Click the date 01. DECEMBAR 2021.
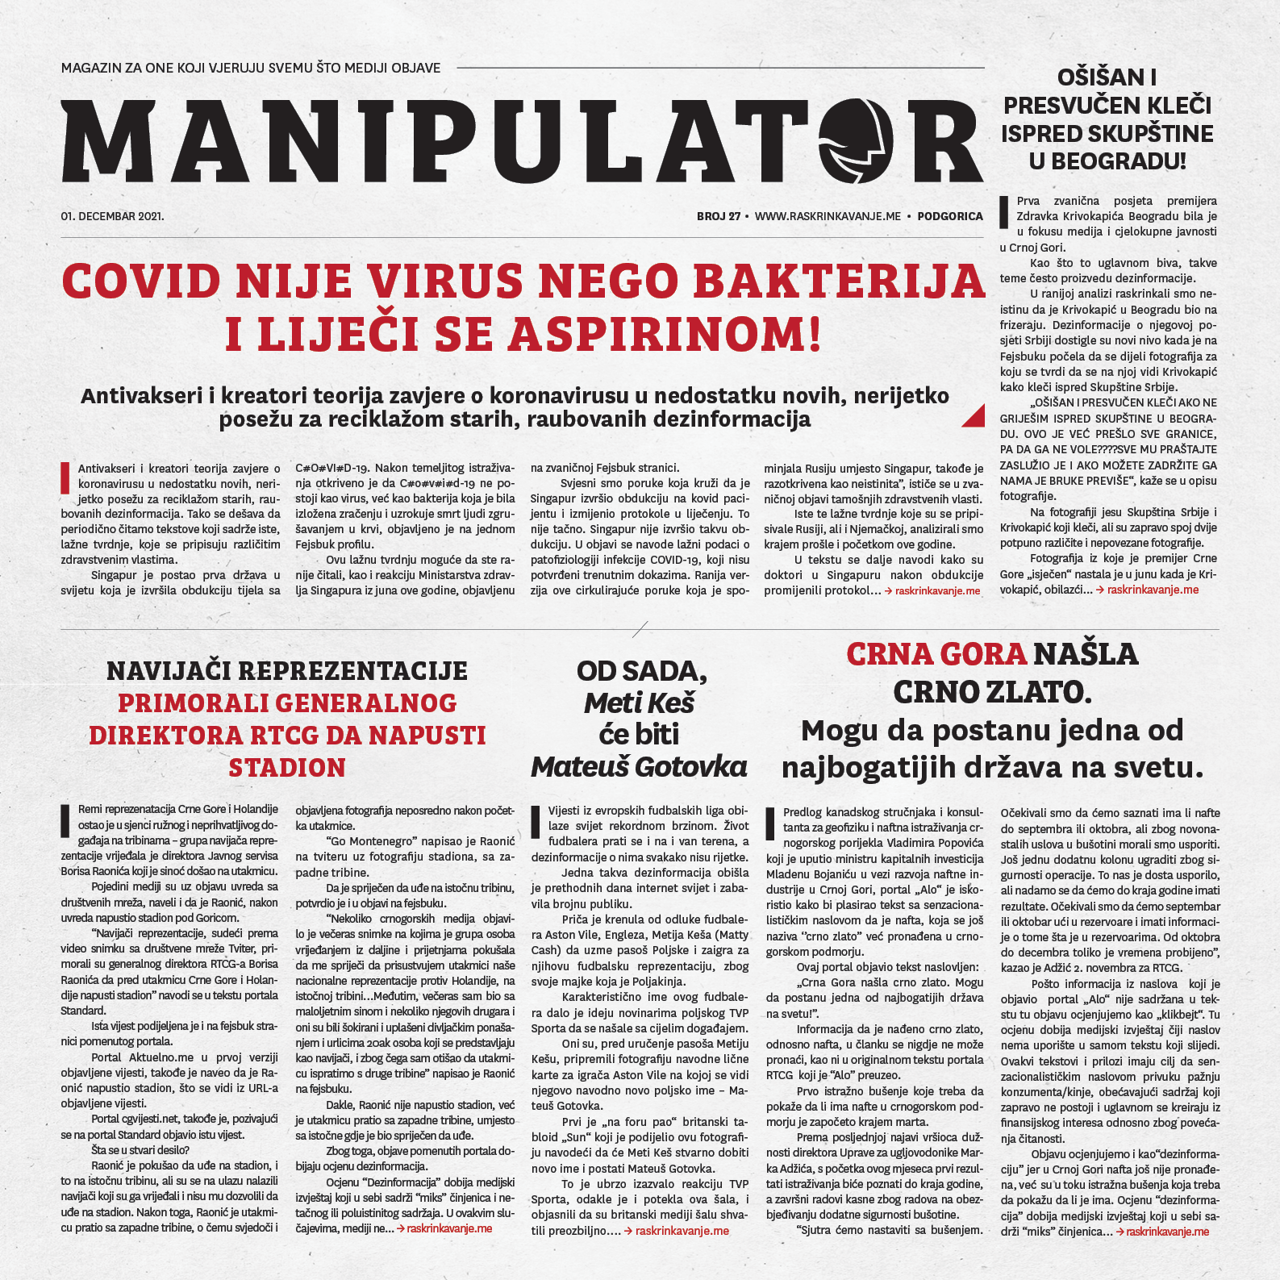(112, 216)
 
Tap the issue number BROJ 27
(719, 216)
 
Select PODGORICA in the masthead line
(950, 216)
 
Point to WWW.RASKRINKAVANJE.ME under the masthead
(828, 216)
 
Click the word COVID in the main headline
(141, 281)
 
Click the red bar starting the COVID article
(65, 477)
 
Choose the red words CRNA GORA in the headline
(936, 654)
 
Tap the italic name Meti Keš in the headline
(639, 703)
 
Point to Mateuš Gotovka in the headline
(639, 767)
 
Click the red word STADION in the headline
(287, 768)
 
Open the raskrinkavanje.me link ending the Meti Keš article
(682, 1231)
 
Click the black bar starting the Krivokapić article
(1004, 211)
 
